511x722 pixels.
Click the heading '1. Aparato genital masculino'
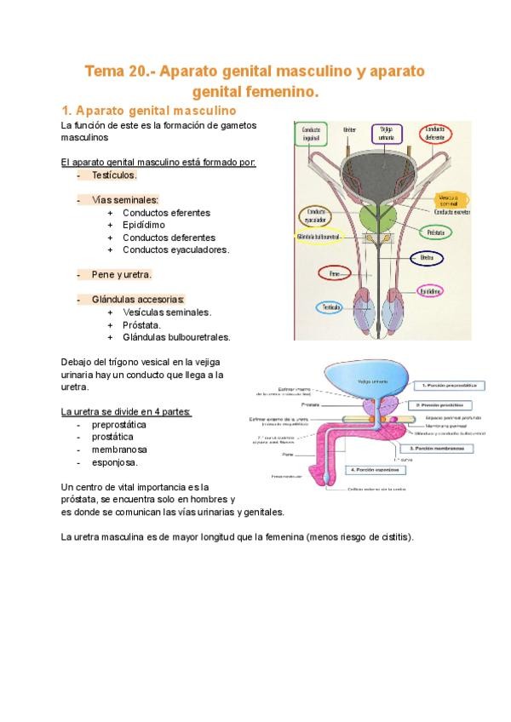[x=143, y=111]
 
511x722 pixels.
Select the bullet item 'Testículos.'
[x=114, y=175]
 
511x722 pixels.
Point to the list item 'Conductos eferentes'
[x=166, y=212]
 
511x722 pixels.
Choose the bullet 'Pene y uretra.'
[x=122, y=275]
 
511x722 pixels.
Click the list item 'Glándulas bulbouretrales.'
[x=176, y=337]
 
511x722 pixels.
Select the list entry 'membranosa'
[x=119, y=450]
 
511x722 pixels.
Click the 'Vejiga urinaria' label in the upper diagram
[x=386, y=135]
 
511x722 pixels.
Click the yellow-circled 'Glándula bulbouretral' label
[x=314, y=237]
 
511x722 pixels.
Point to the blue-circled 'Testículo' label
[x=330, y=307]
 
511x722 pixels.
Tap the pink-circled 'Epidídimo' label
[x=429, y=291]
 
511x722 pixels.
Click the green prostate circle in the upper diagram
[x=376, y=217]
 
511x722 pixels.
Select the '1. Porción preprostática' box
[x=442, y=385]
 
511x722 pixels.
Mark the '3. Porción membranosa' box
[x=439, y=447]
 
